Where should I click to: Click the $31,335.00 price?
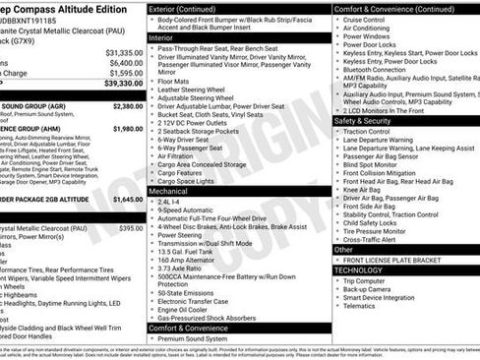click(x=123, y=52)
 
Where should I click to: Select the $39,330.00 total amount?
click(x=123, y=84)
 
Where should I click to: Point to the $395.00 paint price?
click(x=132, y=227)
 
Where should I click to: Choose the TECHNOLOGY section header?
click(x=358, y=269)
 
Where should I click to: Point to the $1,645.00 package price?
click(x=128, y=198)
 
